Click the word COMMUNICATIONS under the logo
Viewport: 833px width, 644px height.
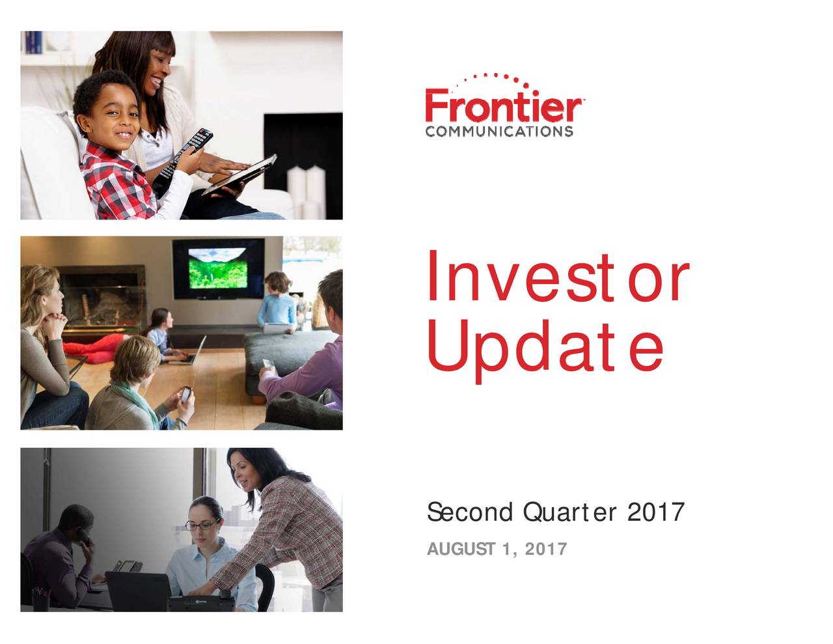(x=499, y=132)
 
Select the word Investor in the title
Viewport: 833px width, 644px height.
(x=557, y=279)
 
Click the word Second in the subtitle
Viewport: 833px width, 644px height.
(x=469, y=512)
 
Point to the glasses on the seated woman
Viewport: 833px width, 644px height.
(x=201, y=525)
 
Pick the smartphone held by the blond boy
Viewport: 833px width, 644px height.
(x=186, y=395)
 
